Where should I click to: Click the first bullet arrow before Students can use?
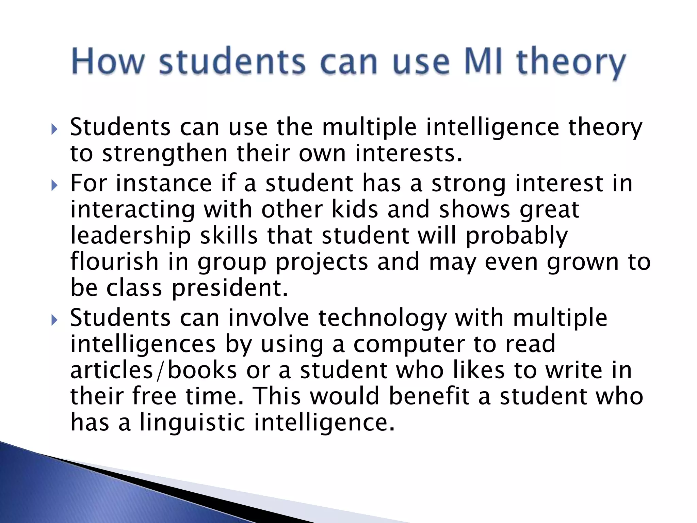[x=54, y=129]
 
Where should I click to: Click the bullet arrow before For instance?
[x=54, y=186]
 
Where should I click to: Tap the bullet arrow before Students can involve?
[x=54, y=320]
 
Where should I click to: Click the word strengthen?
[x=165, y=154]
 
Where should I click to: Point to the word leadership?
[x=131, y=236]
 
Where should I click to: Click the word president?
[x=230, y=288]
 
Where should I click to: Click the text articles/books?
[x=153, y=370]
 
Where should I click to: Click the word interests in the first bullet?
[x=409, y=154]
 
